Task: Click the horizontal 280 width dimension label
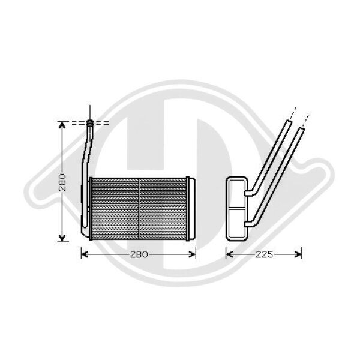pyautogui.click(x=139, y=254)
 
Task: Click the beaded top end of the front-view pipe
pyautogui.click(x=90, y=123)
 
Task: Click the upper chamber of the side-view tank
pyautogui.click(x=236, y=192)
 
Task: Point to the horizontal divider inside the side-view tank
pyautogui.click(x=236, y=206)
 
